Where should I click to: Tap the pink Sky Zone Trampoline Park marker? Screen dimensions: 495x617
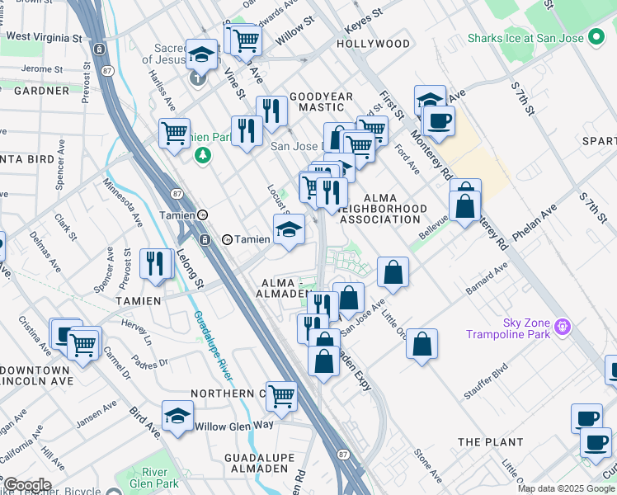[x=563, y=327]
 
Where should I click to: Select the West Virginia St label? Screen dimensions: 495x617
[x=45, y=37]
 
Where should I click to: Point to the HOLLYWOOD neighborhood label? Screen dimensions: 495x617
[x=372, y=44]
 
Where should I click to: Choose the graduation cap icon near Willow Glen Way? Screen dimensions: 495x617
[x=177, y=417]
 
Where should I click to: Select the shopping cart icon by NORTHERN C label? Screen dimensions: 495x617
[x=282, y=396]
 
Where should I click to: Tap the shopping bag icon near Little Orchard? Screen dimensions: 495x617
[x=422, y=345]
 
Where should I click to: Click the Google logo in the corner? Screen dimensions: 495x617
[x=27, y=485]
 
